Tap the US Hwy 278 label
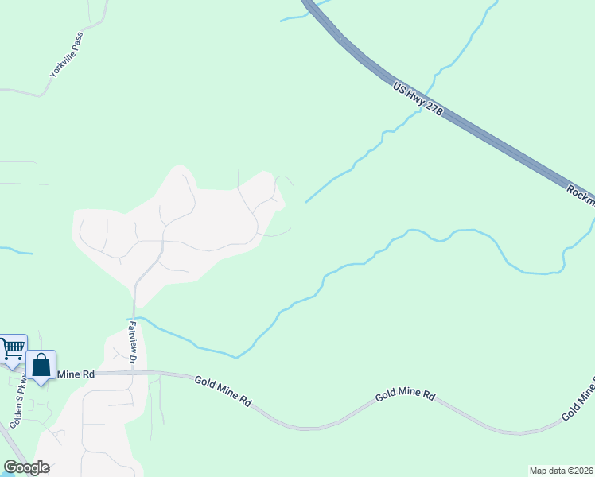click(x=417, y=99)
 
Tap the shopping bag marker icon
click(x=41, y=365)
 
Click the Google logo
click(x=26, y=467)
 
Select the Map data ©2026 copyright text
click(x=562, y=470)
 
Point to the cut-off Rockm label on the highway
click(x=581, y=194)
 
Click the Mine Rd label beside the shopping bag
click(x=76, y=374)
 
